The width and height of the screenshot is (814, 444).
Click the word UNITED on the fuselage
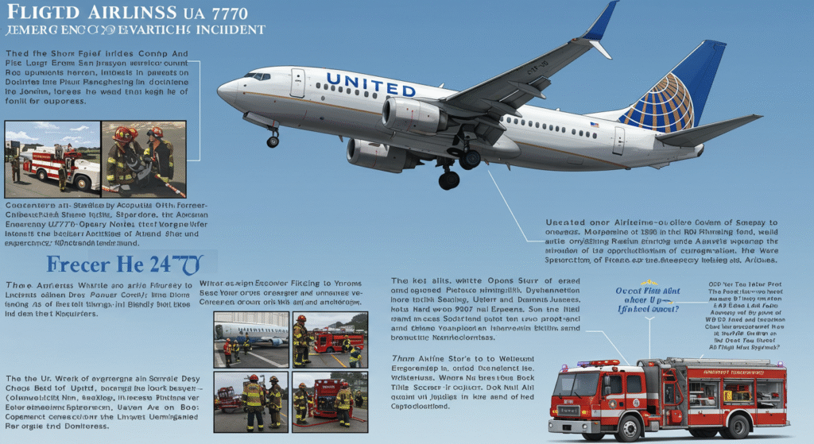[370, 84]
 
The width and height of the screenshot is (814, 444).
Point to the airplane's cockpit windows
[257, 76]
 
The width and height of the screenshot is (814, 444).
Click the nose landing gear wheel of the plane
[273, 141]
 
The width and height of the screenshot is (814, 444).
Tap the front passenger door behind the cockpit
[297, 82]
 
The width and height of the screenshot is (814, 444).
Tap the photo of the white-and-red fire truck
[52, 157]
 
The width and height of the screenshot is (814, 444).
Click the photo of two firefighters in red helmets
[143, 157]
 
